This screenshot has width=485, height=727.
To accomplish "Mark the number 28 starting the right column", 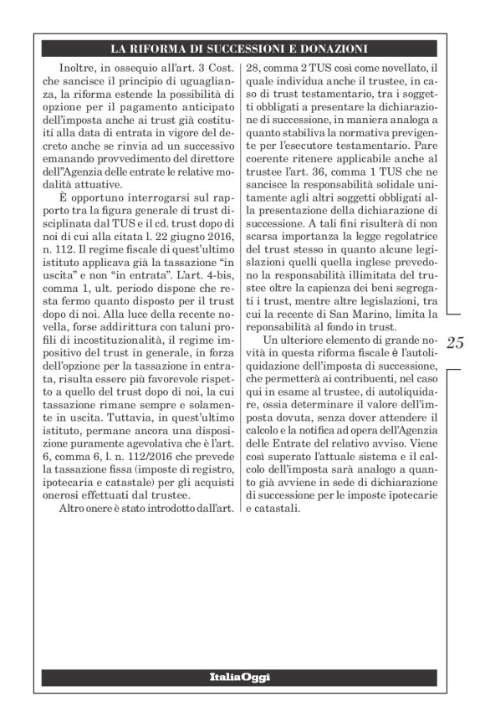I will (x=251, y=66).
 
